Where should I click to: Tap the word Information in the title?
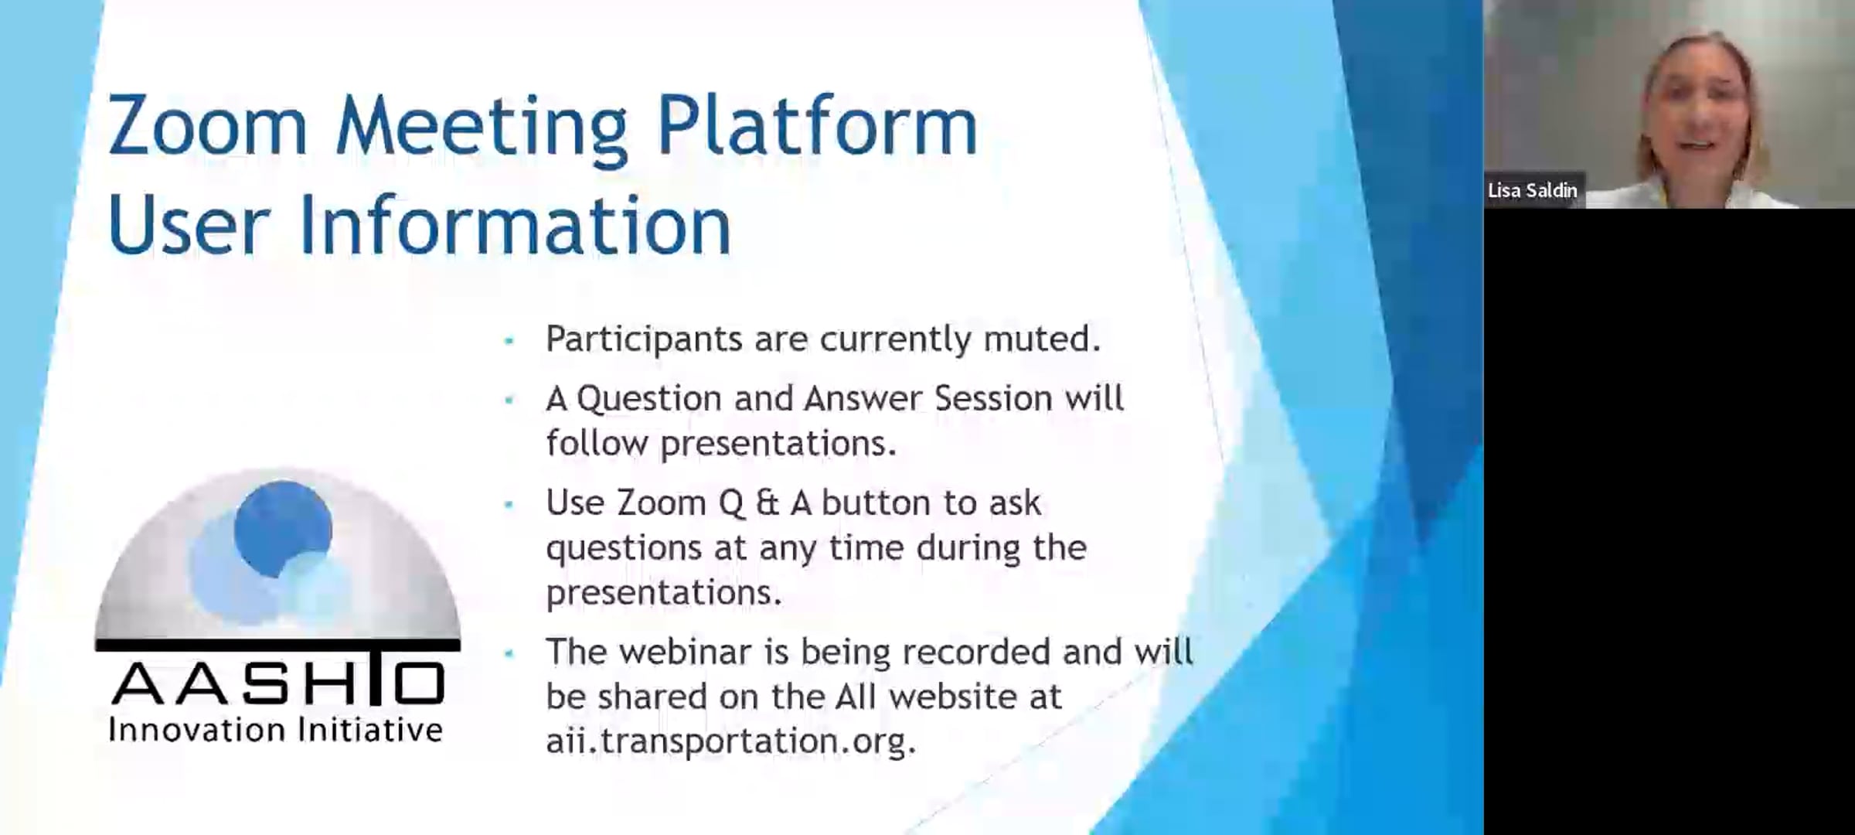(515, 225)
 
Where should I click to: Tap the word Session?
(993, 398)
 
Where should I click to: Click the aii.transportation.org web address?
(731, 741)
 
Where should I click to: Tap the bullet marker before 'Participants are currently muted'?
(509, 340)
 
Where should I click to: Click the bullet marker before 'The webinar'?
(509, 654)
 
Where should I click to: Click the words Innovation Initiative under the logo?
(276, 730)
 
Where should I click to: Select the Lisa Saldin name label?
(1533, 190)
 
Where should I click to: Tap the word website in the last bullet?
(975, 697)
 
